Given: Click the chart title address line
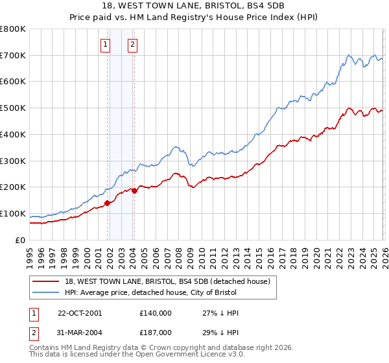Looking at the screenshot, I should coord(194,6).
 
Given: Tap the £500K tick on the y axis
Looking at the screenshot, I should coord(13,108).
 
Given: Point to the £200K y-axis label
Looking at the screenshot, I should coord(13,187).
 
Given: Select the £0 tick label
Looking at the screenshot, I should coord(21,240).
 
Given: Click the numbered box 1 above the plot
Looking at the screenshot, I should coord(105,45).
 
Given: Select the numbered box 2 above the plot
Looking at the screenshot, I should coord(132,45).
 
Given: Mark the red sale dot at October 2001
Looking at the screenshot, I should coord(108,203).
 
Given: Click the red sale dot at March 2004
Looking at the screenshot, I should coord(134,191).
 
